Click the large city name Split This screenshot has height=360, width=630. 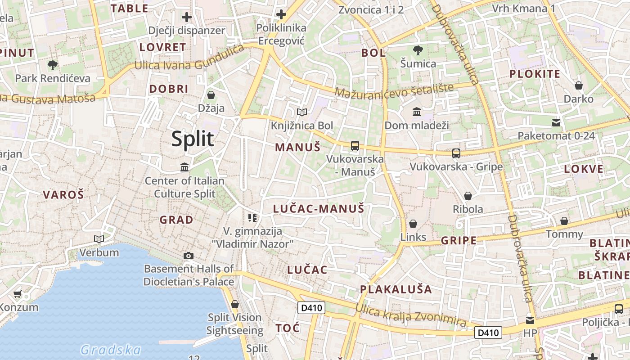(193, 139)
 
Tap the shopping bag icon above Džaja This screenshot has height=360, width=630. (211, 95)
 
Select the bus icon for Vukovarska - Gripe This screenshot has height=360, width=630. (456, 153)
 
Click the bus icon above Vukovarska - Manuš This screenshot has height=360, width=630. (355, 145)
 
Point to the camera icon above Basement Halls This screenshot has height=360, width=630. (189, 256)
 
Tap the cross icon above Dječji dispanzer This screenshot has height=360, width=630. (187, 18)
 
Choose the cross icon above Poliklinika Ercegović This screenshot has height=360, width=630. (281, 14)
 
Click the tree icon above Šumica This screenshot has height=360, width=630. (418, 50)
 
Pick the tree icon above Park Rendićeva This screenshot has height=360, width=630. (53, 65)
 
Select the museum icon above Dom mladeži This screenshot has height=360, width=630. (417, 112)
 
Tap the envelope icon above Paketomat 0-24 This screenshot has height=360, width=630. (556, 122)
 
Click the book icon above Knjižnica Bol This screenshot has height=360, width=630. (302, 112)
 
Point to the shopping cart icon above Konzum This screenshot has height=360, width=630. (17, 294)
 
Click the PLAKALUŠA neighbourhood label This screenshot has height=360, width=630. (396, 289)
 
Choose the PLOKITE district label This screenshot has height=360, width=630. (535, 74)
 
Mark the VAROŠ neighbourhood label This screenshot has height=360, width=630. (63, 195)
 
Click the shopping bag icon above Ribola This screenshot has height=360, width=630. (468, 196)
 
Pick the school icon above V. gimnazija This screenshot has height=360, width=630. (252, 218)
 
